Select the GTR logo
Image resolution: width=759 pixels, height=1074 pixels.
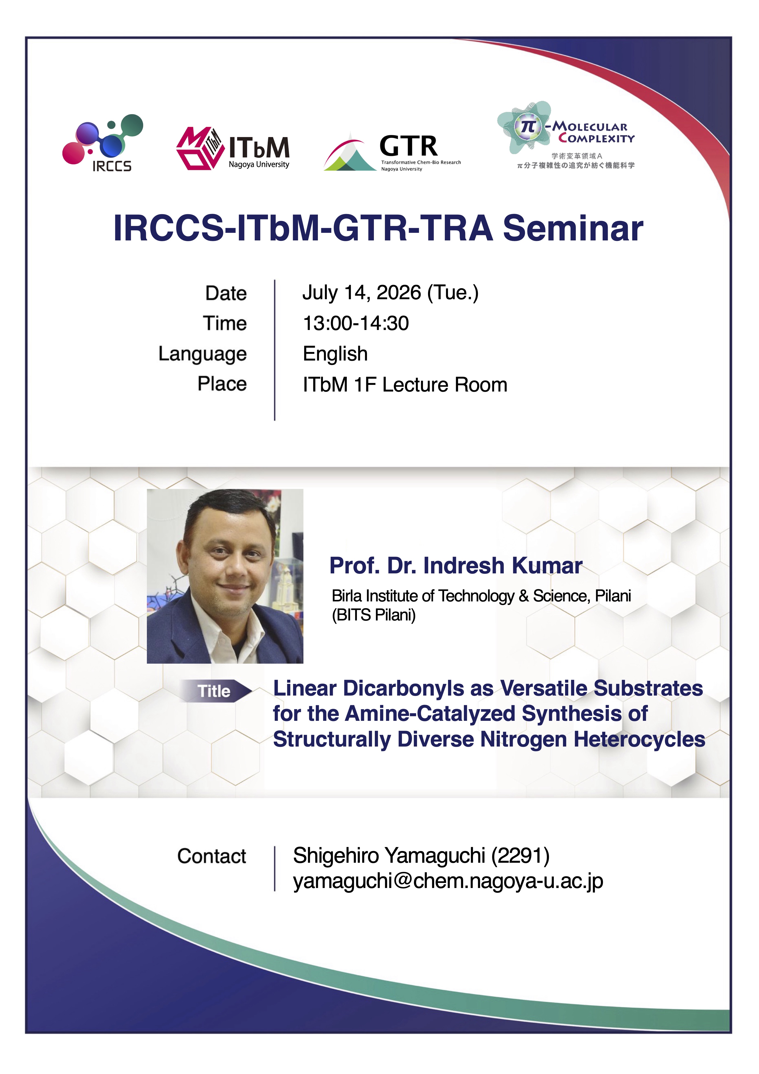[x=392, y=152]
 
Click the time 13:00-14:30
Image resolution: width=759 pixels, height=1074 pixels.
[x=356, y=323]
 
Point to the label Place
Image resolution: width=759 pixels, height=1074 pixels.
[x=222, y=384]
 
